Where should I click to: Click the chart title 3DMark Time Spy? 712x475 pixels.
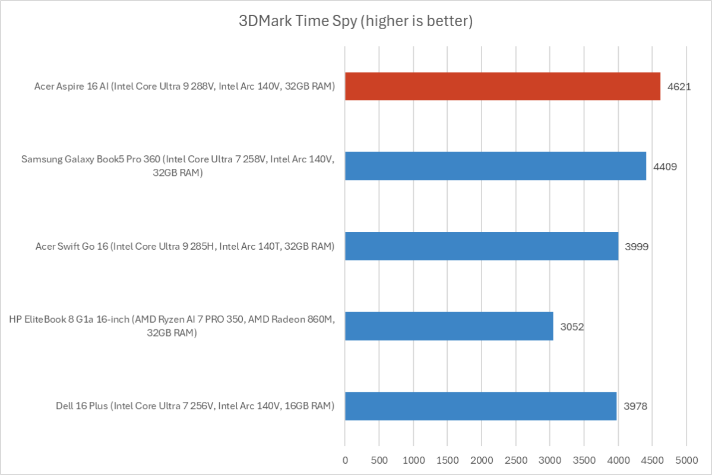(356, 22)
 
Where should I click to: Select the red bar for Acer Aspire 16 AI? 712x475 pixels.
(502, 86)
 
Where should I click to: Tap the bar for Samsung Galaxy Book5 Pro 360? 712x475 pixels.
(495, 166)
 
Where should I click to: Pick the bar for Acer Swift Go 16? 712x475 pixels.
(482, 246)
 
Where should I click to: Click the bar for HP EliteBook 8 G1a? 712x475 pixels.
(449, 326)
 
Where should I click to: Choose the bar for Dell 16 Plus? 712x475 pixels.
(480, 406)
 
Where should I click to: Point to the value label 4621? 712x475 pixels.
(679, 87)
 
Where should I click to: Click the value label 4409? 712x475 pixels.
(664, 166)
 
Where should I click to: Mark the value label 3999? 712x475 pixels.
(637, 246)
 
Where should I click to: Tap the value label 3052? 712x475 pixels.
(572, 326)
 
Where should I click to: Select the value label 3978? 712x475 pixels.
(635, 407)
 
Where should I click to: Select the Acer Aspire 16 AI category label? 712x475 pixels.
(185, 87)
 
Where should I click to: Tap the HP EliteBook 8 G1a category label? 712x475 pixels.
(172, 326)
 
